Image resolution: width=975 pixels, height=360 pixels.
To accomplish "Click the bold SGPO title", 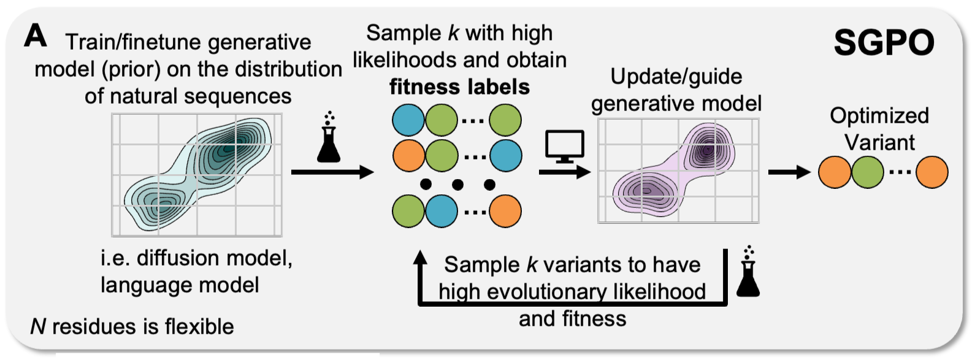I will (x=884, y=43).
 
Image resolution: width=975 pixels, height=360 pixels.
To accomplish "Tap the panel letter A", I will (x=35, y=36).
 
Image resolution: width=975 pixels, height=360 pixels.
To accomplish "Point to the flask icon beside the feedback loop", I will (x=747, y=272).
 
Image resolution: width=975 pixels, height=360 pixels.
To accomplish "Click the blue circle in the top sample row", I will (x=408, y=120).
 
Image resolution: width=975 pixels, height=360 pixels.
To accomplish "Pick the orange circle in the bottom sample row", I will (x=505, y=211).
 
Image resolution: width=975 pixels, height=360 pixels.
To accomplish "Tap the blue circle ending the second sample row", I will (x=506, y=156).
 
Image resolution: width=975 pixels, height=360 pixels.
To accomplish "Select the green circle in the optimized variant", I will (x=867, y=172).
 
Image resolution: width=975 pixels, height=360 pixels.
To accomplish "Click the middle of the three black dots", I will (x=457, y=184).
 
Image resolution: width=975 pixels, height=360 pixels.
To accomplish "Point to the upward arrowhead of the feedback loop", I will (x=420, y=259).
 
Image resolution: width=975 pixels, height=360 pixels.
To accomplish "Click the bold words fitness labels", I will (x=459, y=87).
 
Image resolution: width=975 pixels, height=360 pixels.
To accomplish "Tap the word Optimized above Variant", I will (x=879, y=116).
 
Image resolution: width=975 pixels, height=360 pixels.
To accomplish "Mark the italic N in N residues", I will (x=38, y=326).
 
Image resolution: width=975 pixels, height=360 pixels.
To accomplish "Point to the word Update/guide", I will (x=676, y=77).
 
